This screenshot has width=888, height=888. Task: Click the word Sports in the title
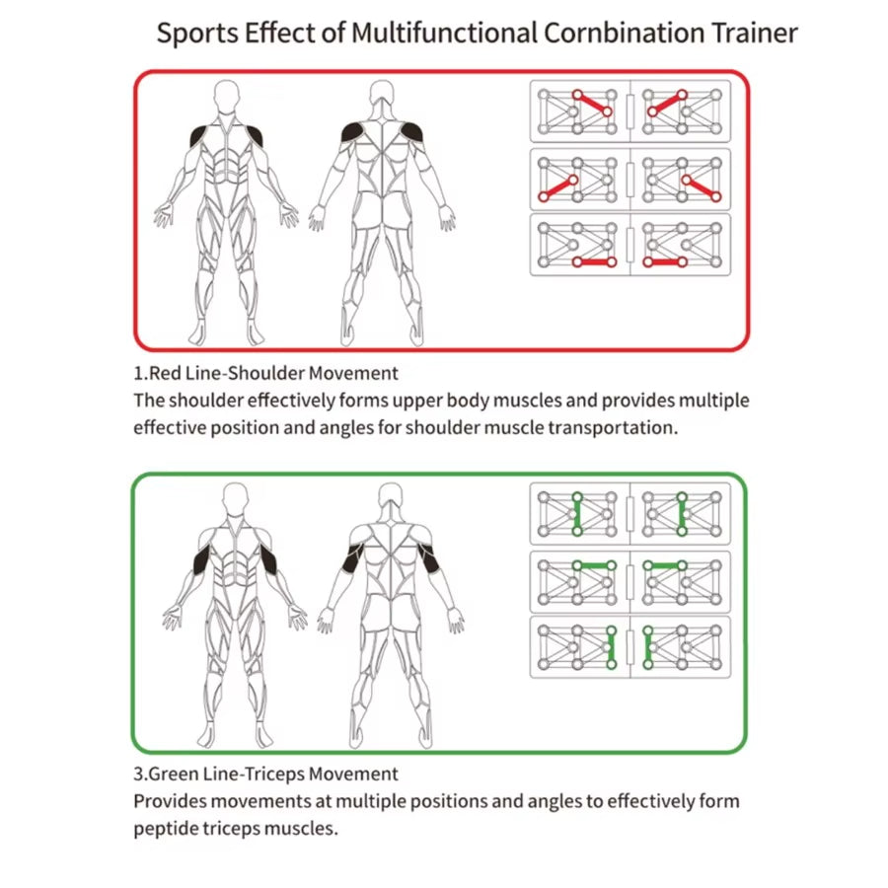tap(197, 33)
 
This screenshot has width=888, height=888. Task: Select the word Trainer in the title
tap(753, 33)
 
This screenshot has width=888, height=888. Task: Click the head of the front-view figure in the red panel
tap(228, 99)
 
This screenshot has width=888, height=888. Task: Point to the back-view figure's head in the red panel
tap(383, 99)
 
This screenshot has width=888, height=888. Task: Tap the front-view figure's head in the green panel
tap(235, 501)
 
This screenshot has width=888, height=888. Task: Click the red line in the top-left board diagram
tap(594, 105)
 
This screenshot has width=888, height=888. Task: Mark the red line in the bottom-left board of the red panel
tap(594, 262)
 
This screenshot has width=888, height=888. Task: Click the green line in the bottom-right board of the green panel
tap(646, 646)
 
